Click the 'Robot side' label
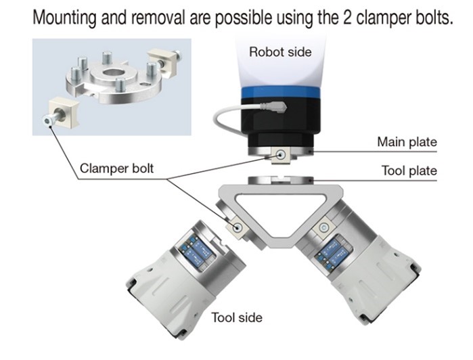click(280, 51)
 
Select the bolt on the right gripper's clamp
click(324, 228)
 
